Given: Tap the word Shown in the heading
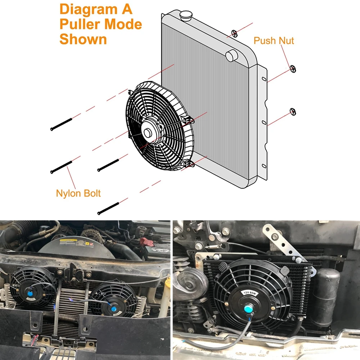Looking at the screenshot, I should (83, 39).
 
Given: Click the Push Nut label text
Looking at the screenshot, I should (274, 40).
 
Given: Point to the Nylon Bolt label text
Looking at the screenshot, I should (78, 193).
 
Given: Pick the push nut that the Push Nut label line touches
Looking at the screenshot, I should (293, 69).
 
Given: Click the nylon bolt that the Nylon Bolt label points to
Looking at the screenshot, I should (62, 167).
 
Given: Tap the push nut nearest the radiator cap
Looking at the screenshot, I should (235, 34).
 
